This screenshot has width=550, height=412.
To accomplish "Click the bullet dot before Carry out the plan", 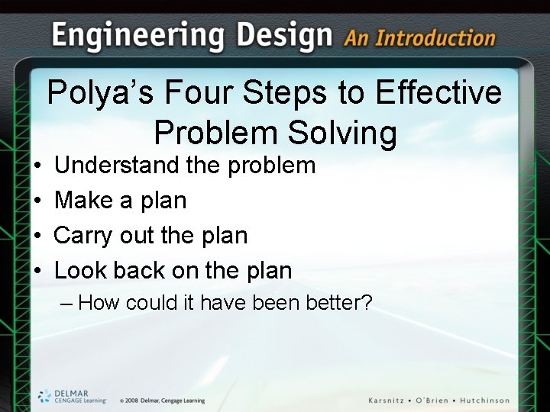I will coord(37,236).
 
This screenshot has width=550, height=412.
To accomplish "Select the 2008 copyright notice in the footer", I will coord(162,401).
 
